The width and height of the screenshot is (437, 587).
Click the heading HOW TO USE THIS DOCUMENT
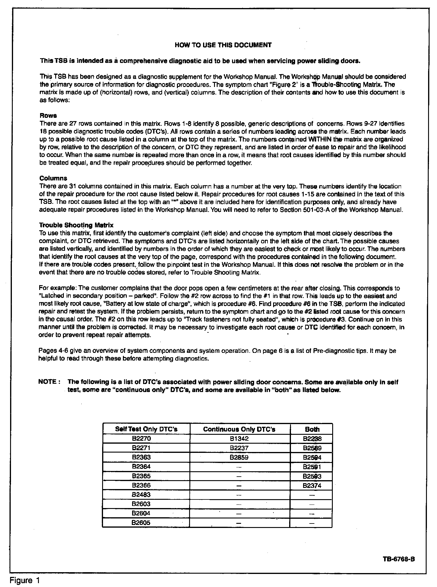tap(223, 45)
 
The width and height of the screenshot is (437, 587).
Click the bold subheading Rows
tap(48, 115)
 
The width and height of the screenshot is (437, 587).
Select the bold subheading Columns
tap(53, 178)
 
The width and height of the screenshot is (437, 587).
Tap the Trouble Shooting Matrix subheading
tap(76, 225)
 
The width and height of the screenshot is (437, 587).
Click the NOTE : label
tap(50, 382)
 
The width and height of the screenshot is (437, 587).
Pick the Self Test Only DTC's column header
tap(146, 429)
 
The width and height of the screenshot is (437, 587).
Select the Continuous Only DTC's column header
tap(239, 429)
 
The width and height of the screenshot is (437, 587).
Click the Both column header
tap(312, 429)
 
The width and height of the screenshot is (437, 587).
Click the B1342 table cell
tap(239, 439)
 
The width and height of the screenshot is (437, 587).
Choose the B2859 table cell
tap(239, 457)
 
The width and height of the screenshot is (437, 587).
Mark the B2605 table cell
tap(141, 523)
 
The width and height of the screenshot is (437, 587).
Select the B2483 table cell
tap(141, 495)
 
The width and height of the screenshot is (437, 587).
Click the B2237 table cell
tap(239, 448)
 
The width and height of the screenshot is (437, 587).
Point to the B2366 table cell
tap(141, 486)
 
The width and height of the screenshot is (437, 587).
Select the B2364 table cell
tap(141, 467)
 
